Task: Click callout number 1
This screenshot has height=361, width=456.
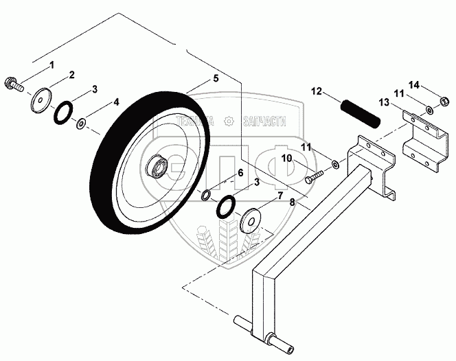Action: (49, 65)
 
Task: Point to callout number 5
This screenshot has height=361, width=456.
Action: (216, 79)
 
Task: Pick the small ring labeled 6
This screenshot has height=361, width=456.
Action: (206, 197)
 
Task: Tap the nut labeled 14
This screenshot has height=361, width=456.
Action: (444, 103)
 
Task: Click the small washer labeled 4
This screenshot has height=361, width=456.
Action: (81, 123)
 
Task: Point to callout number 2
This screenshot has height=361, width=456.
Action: (71, 74)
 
